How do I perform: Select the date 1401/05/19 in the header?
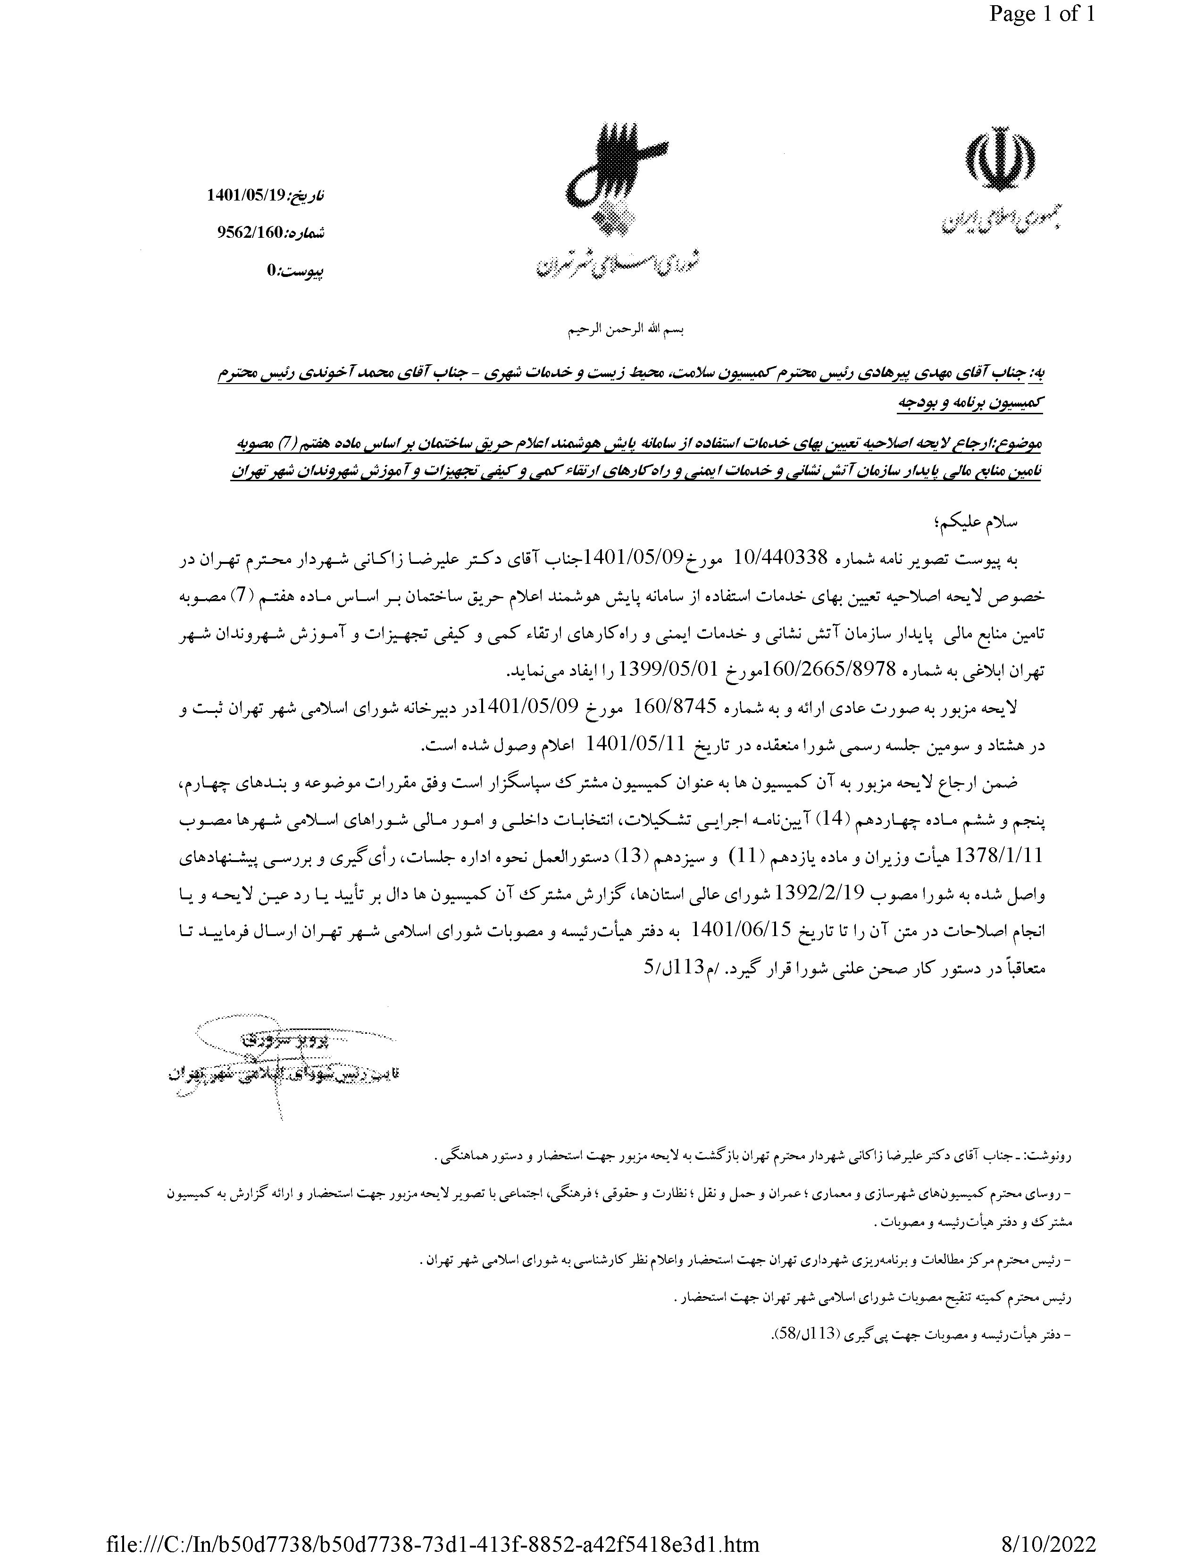[x=246, y=194]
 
